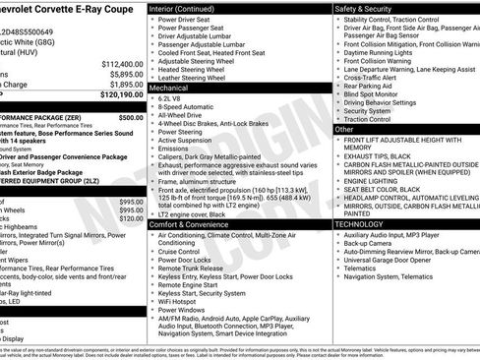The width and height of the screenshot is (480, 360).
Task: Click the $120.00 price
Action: click(132, 218)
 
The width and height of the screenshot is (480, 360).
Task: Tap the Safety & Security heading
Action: click(367, 9)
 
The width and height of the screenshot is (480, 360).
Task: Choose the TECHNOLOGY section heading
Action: click(360, 225)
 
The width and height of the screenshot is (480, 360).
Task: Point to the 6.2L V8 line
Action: click(173, 99)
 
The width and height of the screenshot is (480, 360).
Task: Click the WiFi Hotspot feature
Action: click(184, 299)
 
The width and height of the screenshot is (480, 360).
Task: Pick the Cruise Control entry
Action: click(185, 253)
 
